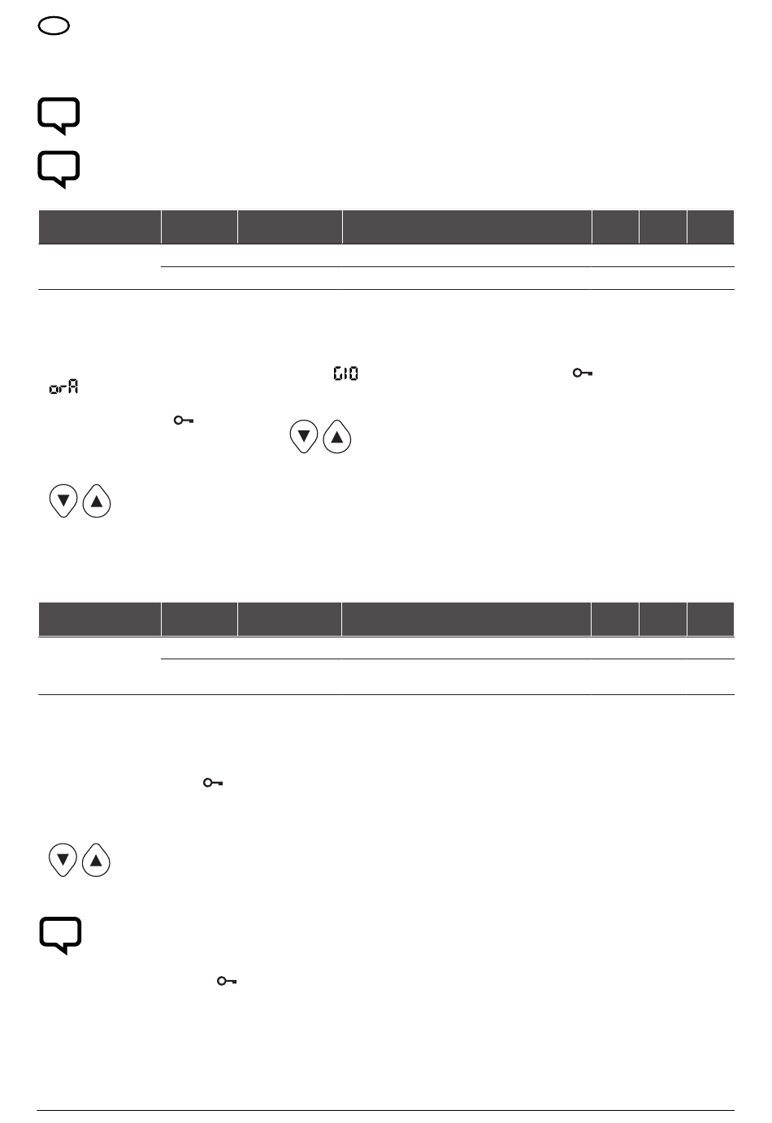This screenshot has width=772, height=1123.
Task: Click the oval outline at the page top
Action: (54, 19)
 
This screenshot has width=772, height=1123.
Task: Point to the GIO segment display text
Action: (345, 374)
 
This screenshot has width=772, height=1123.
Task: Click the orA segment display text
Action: (63, 387)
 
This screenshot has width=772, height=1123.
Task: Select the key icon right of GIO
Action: (583, 373)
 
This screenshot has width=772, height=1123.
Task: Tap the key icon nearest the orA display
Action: (184, 420)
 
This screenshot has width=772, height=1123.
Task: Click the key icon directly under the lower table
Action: (213, 783)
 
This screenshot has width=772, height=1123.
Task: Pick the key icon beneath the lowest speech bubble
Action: (227, 981)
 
